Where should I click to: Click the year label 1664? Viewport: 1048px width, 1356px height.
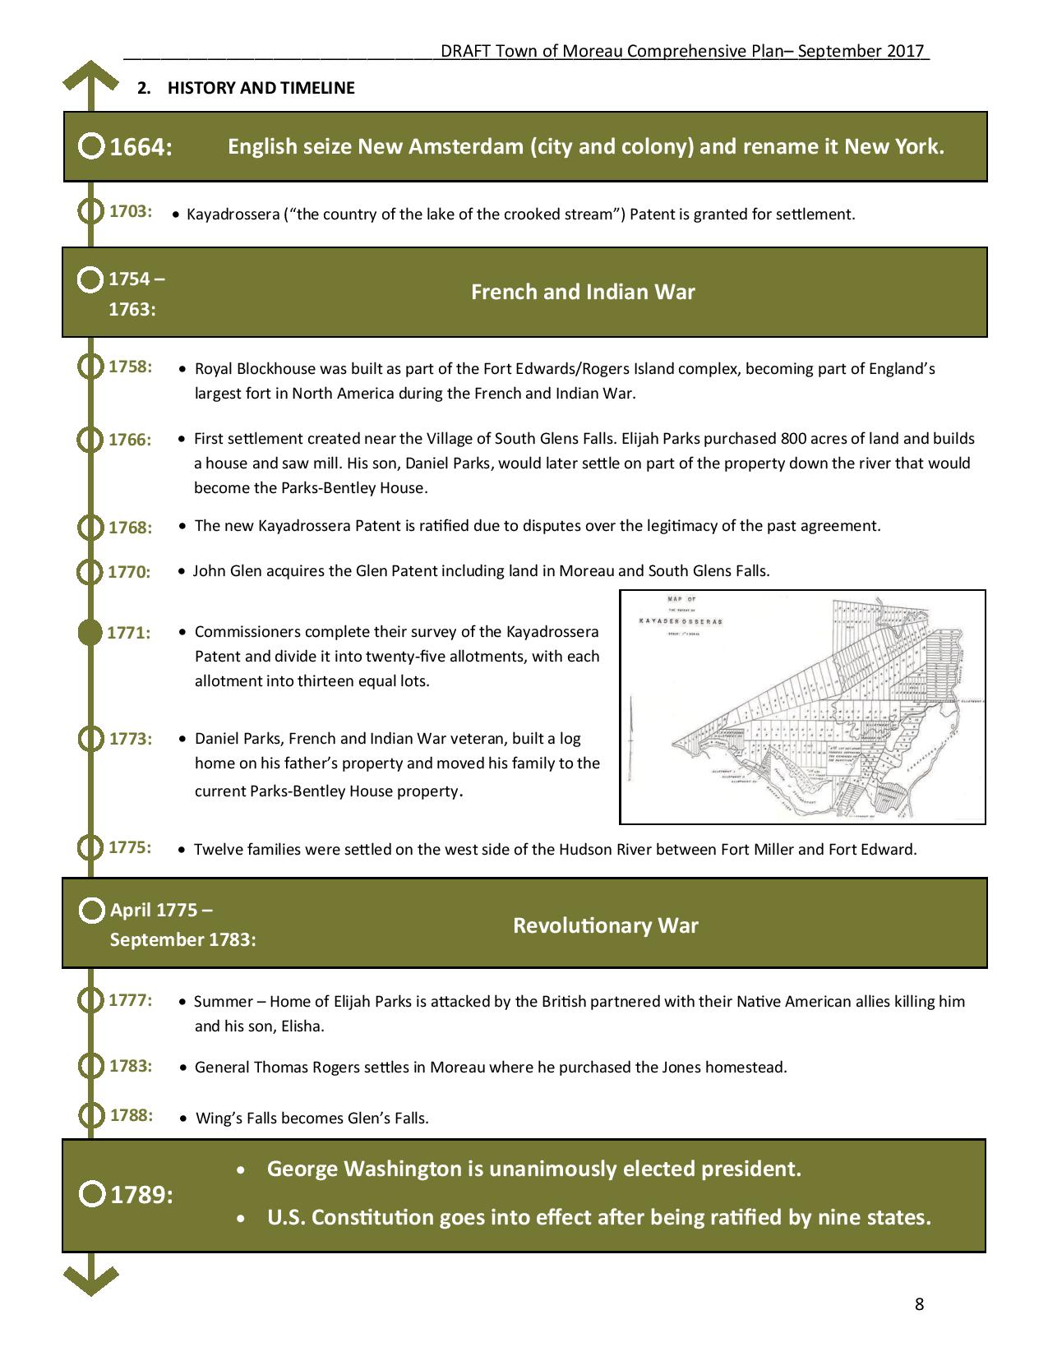pos(141,148)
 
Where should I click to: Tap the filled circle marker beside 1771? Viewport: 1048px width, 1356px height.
pos(90,633)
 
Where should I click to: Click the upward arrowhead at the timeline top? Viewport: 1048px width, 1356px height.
pos(90,75)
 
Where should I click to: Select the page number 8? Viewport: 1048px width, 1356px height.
pos(919,1304)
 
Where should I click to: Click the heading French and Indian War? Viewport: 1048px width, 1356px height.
pos(583,293)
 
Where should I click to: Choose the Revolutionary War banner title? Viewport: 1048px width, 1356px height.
pos(605,925)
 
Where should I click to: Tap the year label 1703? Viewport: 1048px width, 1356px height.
pos(131,211)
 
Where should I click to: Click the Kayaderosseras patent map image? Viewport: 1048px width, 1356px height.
pos(802,707)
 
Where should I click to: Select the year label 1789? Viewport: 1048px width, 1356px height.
pos(141,1195)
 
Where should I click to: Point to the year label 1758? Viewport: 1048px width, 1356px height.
pos(131,367)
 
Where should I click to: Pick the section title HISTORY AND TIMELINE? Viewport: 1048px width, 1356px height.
pos(261,88)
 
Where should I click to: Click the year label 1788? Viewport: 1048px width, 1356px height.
pos(132,1115)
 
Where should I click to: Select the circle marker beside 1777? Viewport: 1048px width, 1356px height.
pos(90,1001)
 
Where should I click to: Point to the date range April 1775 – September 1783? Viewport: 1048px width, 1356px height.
pos(182,925)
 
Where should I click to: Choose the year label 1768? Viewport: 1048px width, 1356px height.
pos(131,528)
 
